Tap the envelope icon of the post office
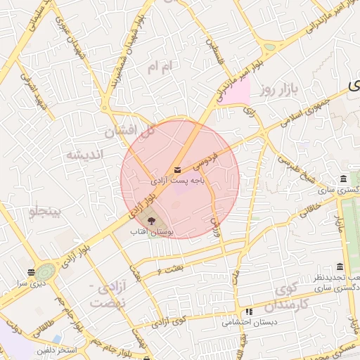click(x=176, y=169)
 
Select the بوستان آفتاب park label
click(x=151, y=231)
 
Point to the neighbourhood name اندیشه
click(x=84, y=154)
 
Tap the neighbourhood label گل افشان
click(x=129, y=131)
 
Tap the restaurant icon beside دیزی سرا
click(x=31, y=272)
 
